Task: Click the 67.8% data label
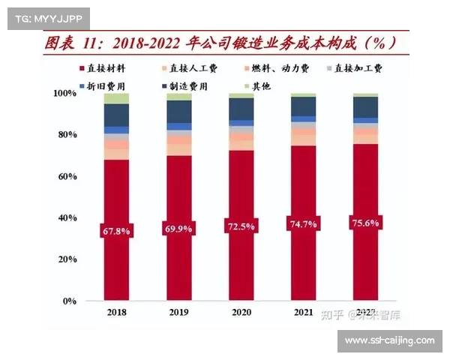point(115,231)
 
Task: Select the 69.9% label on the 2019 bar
point(178,228)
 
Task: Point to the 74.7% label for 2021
point(303,223)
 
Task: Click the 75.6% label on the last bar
point(365,223)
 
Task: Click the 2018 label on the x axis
point(115,311)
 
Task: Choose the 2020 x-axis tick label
point(241,311)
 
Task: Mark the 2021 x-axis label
point(303,311)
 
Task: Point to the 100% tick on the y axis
point(64,93)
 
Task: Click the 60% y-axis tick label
point(67,176)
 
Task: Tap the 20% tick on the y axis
point(67,259)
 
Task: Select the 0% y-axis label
point(69,301)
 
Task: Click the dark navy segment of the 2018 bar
point(115,115)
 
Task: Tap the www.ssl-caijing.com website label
point(389,340)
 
